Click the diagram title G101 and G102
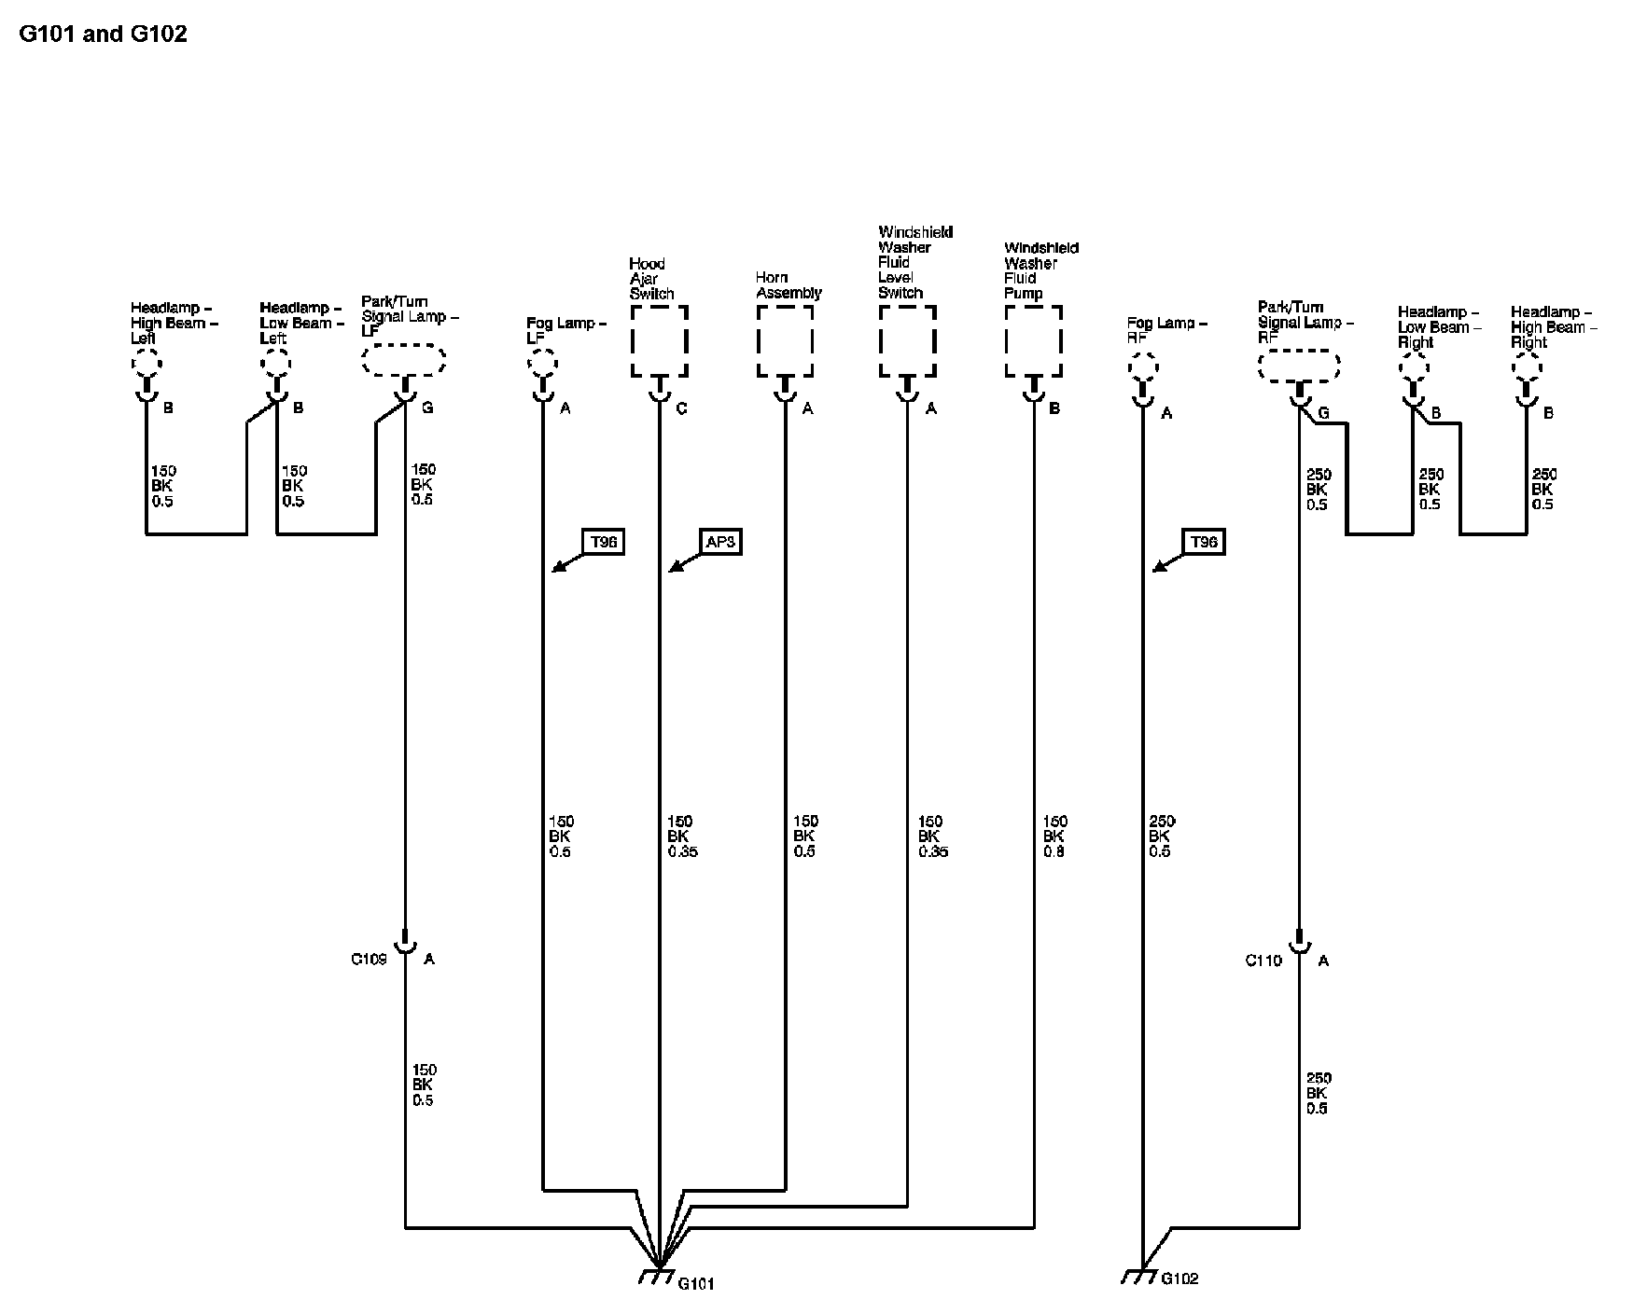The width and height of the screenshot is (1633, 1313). click(x=103, y=35)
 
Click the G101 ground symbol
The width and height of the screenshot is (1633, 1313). click(x=658, y=1275)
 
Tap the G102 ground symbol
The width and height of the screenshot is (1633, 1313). click(x=1140, y=1275)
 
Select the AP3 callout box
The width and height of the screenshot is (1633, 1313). click(x=719, y=542)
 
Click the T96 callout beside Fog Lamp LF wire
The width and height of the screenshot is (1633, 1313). click(x=604, y=542)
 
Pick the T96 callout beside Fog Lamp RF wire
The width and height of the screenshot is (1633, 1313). click(x=1204, y=542)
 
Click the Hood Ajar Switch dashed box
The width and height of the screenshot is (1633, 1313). click(x=659, y=341)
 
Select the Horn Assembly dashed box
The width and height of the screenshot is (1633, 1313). click(x=784, y=341)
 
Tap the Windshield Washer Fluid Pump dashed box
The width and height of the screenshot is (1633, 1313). click(x=1033, y=341)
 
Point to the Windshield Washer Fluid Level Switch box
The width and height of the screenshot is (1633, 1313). click(x=907, y=341)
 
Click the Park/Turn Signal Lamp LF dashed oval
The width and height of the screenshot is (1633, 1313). click(x=403, y=361)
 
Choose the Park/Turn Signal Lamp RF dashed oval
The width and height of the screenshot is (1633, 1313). click(x=1299, y=366)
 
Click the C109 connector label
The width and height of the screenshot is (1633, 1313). click(x=369, y=959)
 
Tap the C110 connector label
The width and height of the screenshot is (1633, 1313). click(x=1263, y=961)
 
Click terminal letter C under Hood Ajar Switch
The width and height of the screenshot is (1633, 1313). click(x=682, y=408)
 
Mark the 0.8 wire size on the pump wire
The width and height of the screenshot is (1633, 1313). click(x=1054, y=851)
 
